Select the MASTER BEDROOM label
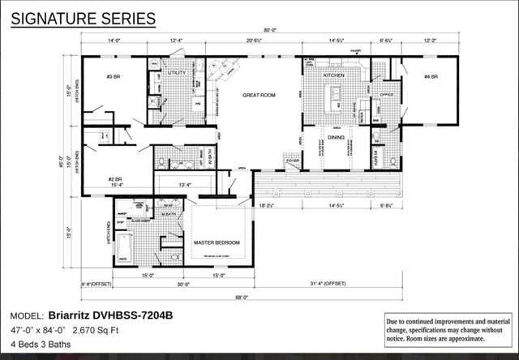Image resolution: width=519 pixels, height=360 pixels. pyautogui.click(x=217, y=242)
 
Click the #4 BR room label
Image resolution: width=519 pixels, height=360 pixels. pyautogui.click(x=431, y=76)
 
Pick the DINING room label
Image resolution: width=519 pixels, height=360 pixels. pyautogui.click(x=336, y=138)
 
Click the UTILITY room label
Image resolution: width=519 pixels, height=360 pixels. pyautogui.click(x=177, y=73)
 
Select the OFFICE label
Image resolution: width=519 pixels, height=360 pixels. pyautogui.click(x=386, y=95)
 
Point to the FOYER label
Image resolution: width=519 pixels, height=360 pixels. pyautogui.click(x=293, y=161)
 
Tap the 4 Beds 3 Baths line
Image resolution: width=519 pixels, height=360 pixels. pyautogui.click(x=41, y=345)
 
